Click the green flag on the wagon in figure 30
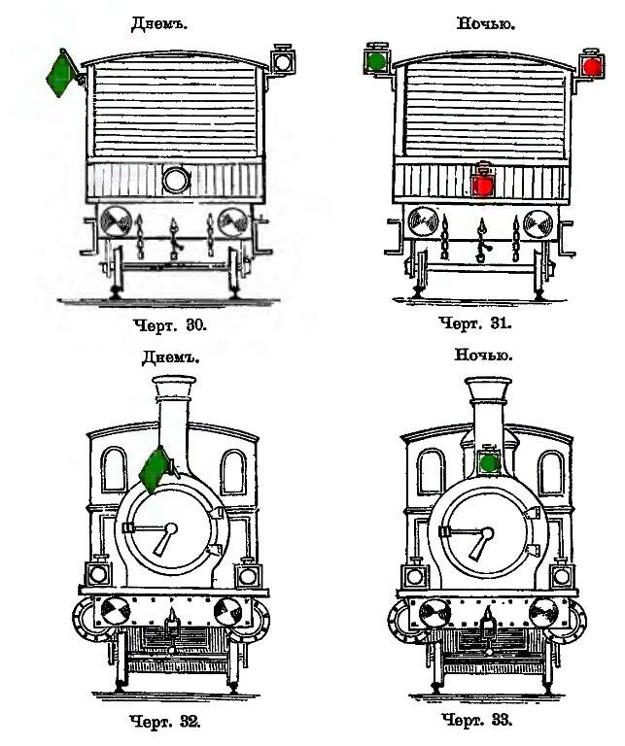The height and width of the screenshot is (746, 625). [60, 74]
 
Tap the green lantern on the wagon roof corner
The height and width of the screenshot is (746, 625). [377, 60]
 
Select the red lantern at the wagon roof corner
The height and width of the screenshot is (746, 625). [592, 65]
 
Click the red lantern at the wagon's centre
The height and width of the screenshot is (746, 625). [483, 184]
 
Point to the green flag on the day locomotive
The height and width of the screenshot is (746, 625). [155, 470]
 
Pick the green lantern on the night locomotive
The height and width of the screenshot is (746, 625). [488, 461]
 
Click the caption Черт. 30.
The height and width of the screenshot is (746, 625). [170, 325]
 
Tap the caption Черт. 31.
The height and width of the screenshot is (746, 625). [475, 323]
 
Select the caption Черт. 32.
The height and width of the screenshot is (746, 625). [164, 722]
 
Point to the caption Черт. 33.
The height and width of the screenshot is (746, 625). [477, 720]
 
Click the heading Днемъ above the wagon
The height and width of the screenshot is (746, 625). [159, 23]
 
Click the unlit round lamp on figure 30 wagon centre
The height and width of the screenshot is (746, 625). [176, 181]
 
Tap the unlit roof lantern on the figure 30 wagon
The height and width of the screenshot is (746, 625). [283, 60]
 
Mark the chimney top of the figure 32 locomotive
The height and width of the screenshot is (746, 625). [174, 384]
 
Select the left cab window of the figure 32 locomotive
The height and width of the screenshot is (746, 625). [115, 469]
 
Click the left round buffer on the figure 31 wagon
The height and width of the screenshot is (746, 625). [423, 221]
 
